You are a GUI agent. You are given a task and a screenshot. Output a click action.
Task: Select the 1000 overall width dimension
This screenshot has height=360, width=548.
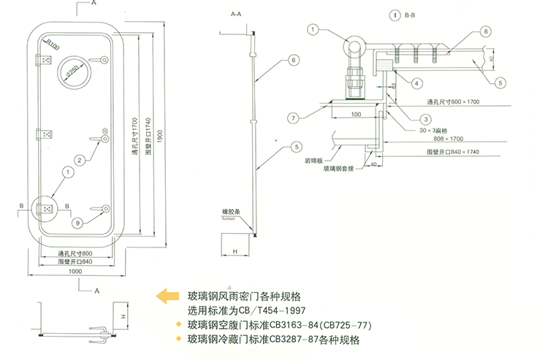pos(75,272)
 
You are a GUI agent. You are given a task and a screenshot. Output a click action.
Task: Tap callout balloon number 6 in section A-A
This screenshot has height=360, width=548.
pos(293,61)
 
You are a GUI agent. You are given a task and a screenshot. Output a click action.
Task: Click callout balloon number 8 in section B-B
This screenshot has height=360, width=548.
pos(484,31)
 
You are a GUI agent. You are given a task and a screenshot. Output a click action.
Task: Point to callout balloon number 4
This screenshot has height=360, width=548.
pos(415,84)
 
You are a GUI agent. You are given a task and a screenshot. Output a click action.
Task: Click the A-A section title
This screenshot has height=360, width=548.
pos(235,15)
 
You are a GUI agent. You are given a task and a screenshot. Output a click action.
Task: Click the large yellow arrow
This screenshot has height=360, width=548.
pos(167,296)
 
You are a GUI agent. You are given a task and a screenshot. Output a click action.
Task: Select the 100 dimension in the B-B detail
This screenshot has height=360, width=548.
pos(356,115)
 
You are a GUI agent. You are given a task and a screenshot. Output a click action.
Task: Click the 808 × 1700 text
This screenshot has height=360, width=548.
pos(447,137)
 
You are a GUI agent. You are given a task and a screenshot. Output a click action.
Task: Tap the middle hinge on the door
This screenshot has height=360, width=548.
pos(45,134)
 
